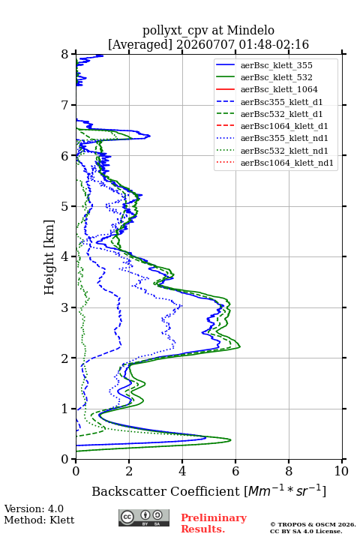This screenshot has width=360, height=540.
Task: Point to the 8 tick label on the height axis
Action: tap(65, 55)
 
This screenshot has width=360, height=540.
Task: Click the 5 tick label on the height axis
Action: tap(65, 206)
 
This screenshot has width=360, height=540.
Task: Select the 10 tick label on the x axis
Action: tap(341, 471)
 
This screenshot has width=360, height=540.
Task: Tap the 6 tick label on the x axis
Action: tap(235, 471)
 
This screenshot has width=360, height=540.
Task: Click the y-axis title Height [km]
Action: tap(49, 257)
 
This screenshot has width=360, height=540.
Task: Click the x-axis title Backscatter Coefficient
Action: tap(165, 491)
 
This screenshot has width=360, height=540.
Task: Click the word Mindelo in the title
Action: tap(250, 30)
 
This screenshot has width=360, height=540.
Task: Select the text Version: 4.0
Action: tap(34, 509)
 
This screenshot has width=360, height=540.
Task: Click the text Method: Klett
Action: tap(39, 520)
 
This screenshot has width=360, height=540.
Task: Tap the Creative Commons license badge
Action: tap(144, 517)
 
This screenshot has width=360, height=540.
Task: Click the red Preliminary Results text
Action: tap(214, 523)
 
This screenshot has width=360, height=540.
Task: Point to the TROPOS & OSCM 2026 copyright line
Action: tap(313, 524)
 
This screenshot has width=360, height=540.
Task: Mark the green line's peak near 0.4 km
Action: tap(230, 440)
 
